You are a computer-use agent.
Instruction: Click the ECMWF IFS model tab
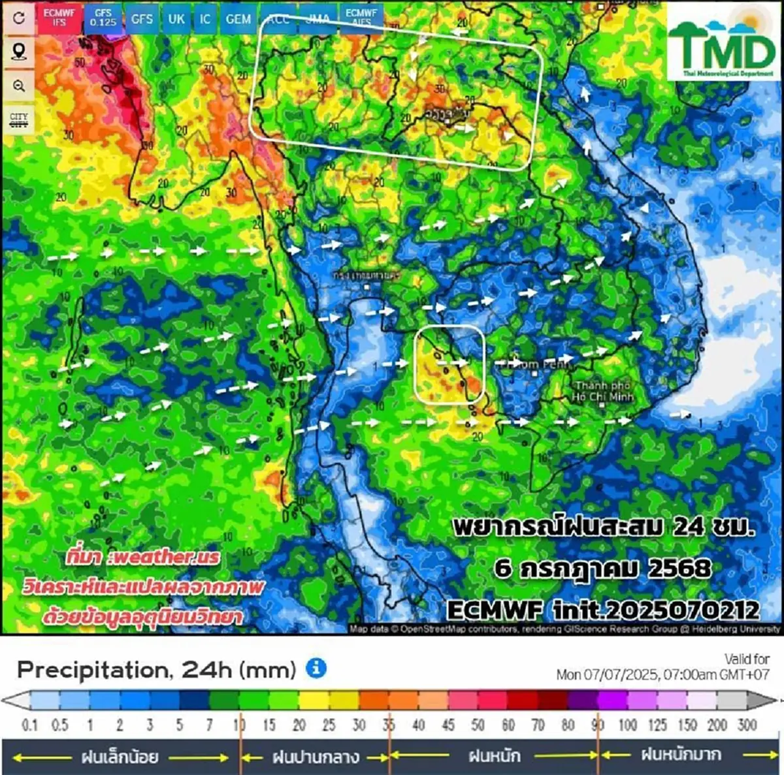tap(60, 18)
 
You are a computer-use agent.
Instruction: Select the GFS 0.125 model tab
tap(103, 18)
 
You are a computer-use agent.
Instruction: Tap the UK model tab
tap(176, 19)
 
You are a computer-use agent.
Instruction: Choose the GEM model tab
tap(238, 19)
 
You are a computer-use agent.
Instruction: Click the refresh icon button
tap(18, 18)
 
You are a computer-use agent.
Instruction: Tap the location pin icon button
tap(18, 52)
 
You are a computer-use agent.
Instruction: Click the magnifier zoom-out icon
tap(18, 86)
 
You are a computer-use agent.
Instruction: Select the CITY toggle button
tap(18, 119)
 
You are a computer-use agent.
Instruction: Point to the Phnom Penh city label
tap(529, 365)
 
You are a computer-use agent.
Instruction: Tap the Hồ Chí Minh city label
tap(602, 391)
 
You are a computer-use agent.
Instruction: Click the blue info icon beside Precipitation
tap(316, 668)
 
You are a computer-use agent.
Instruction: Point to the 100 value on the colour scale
tap(627, 725)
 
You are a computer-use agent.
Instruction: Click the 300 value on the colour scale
tap(747, 725)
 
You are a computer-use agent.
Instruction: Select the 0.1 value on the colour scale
tap(29, 725)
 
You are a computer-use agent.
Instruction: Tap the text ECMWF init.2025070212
tap(603, 610)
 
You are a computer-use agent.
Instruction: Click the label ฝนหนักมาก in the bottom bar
tap(681, 755)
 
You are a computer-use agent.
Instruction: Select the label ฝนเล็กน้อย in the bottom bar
tap(120, 757)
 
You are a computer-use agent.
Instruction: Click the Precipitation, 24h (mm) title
tap(157, 669)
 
